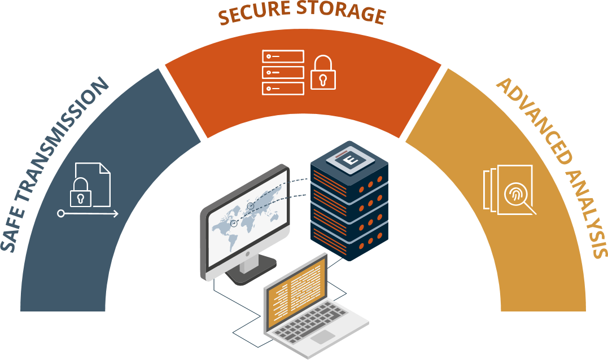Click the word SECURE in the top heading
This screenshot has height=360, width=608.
point(251,15)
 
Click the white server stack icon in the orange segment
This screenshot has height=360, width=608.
point(283,72)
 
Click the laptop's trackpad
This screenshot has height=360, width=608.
point(323,337)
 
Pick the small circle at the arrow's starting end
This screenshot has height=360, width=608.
point(60,214)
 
